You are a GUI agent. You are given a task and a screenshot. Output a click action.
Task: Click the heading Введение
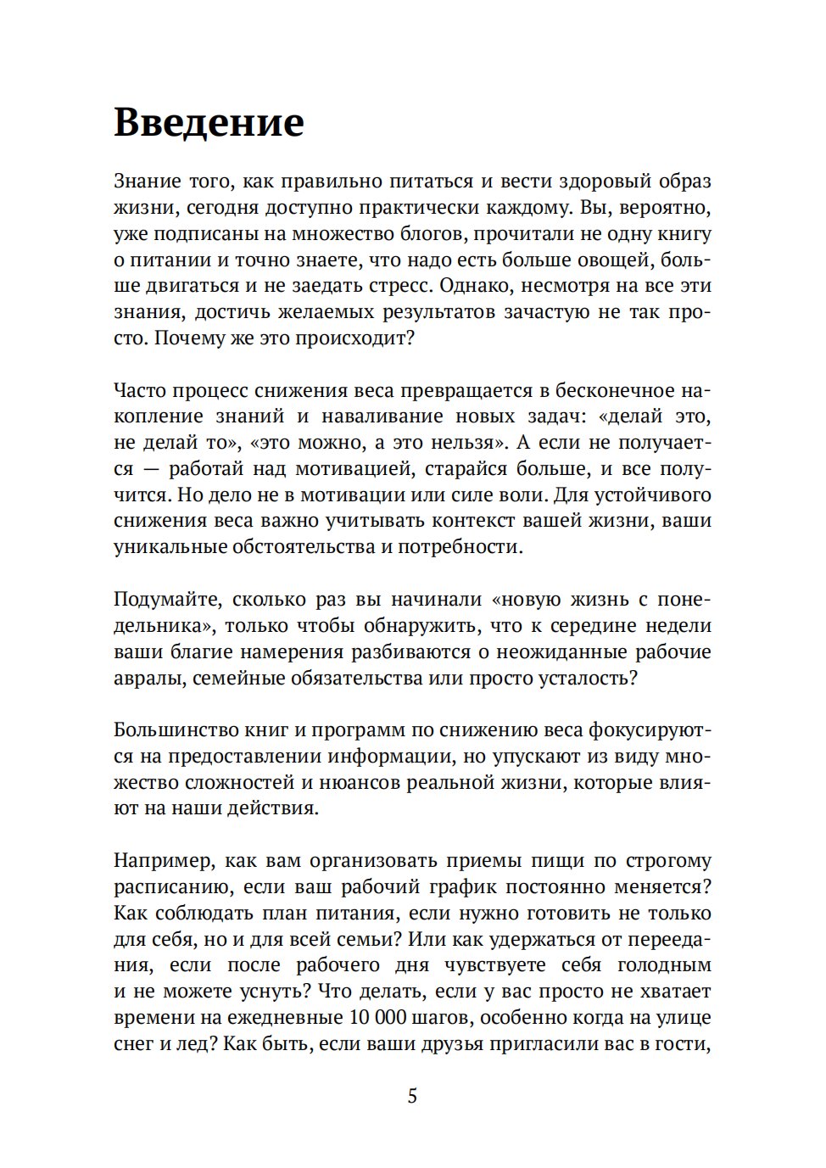tap(209, 122)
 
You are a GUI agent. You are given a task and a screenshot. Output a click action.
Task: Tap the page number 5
tap(412, 1096)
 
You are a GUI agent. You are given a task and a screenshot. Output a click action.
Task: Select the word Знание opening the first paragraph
tap(148, 182)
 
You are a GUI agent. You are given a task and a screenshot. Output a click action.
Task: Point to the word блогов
tap(433, 234)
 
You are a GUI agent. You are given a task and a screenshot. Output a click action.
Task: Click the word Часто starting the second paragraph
tap(140, 390)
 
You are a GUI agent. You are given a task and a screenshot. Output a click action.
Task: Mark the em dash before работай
tap(151, 469)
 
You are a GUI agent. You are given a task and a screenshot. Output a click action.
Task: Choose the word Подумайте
tap(167, 600)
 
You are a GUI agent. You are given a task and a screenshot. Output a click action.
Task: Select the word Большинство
tap(176, 730)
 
